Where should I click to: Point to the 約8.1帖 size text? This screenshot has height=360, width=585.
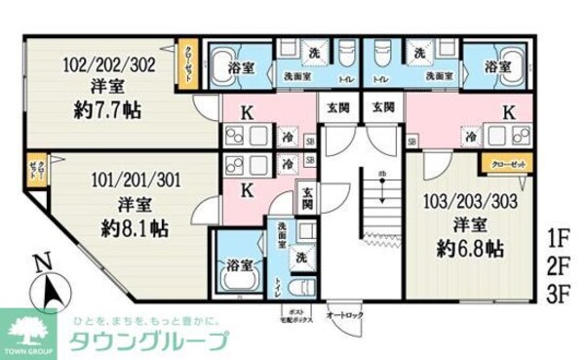(131, 229)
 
